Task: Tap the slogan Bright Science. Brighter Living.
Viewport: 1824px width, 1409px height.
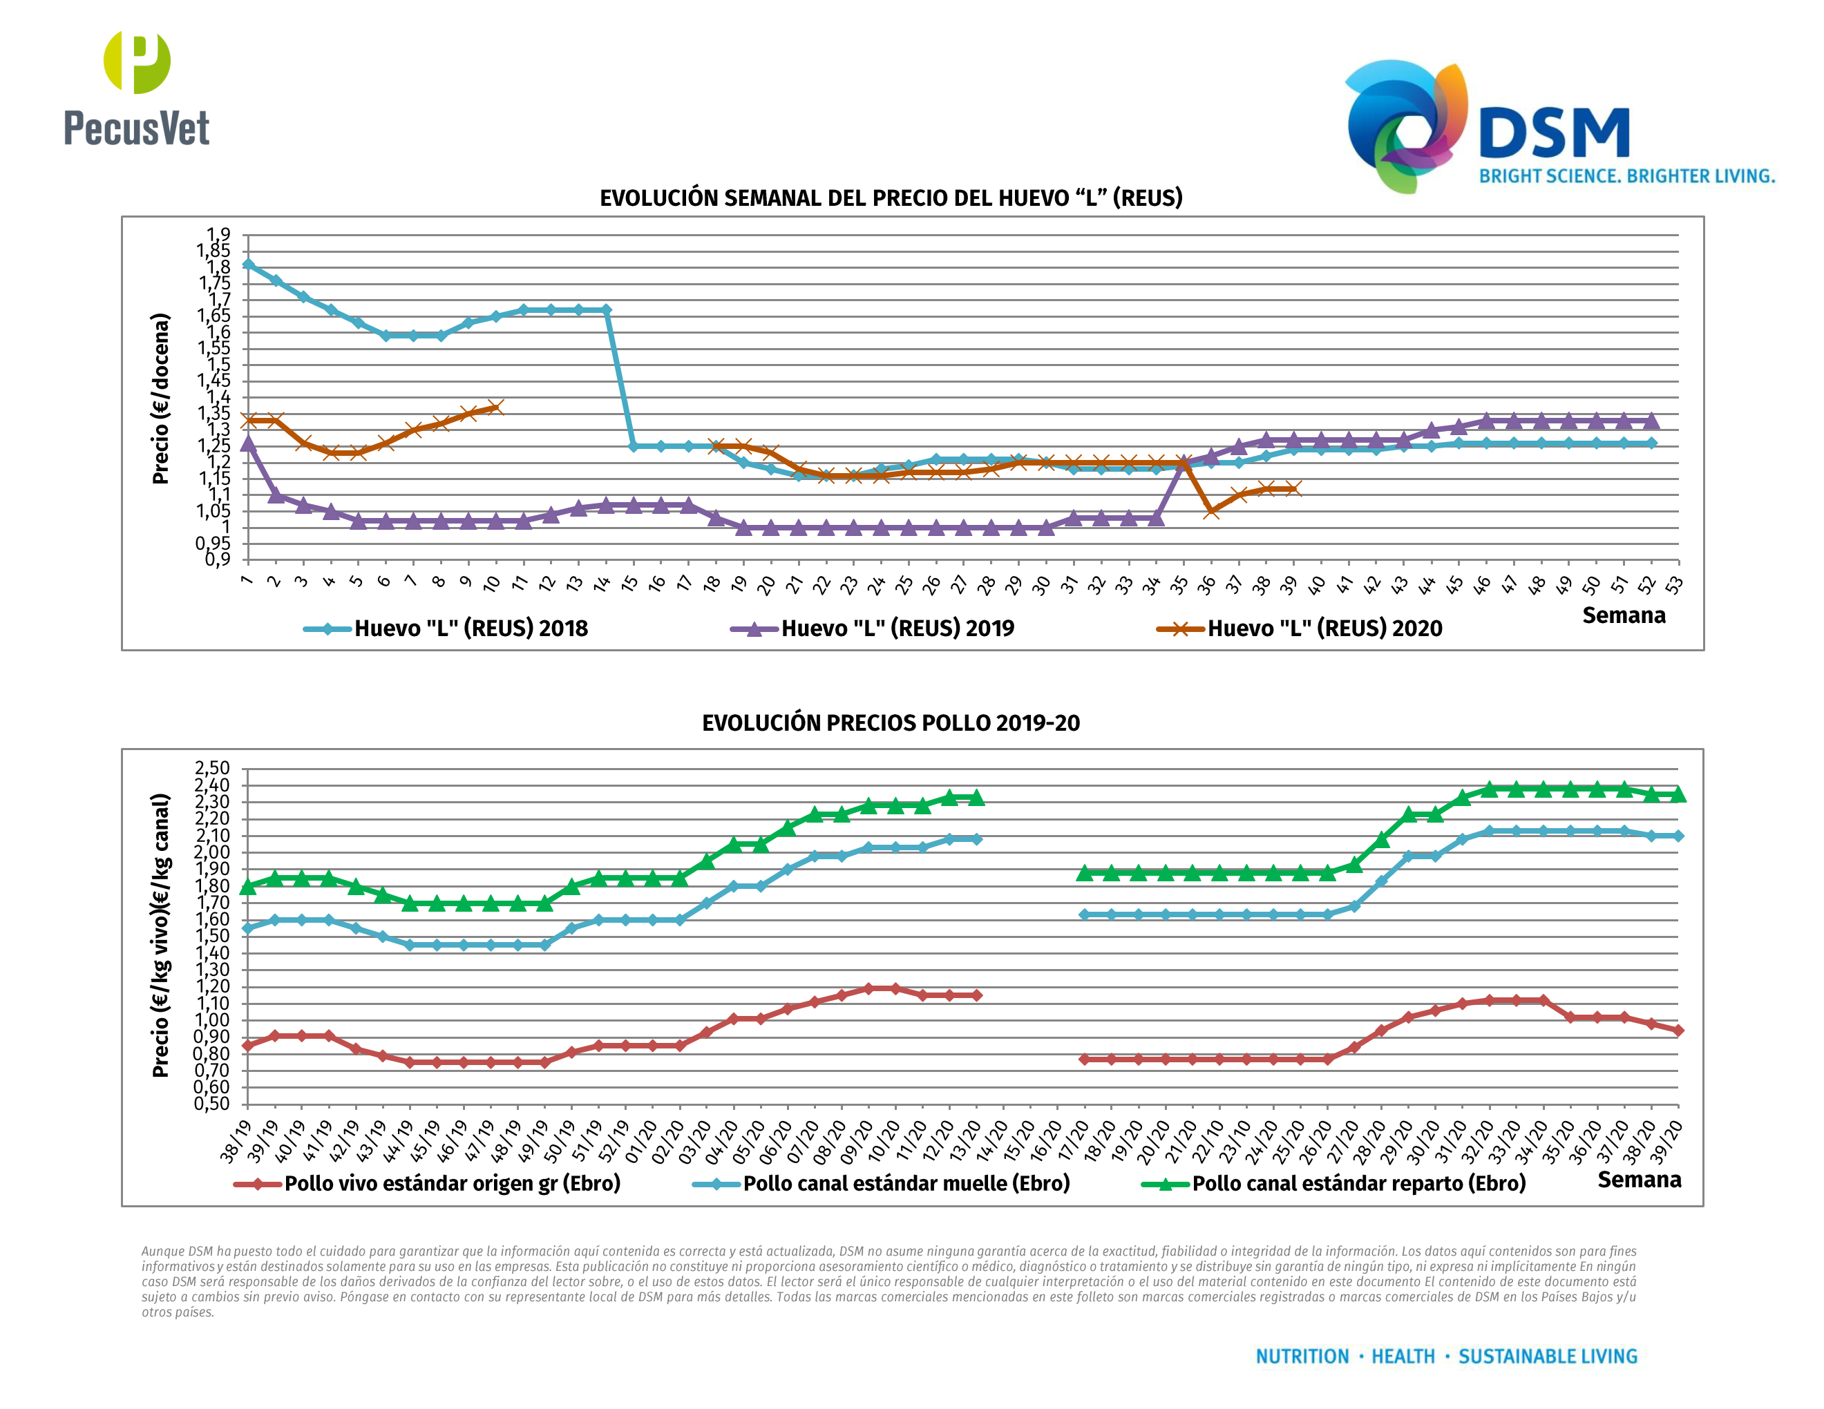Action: click(1626, 176)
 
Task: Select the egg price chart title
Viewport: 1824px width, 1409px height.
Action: click(891, 198)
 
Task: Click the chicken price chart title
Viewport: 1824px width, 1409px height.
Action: click(891, 723)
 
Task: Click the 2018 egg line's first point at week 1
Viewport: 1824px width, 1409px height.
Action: click(248, 265)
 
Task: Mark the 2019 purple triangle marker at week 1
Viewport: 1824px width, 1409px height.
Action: click(248, 443)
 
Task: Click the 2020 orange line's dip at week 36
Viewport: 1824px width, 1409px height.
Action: click(1211, 511)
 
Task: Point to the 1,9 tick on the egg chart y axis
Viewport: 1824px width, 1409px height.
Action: click(219, 235)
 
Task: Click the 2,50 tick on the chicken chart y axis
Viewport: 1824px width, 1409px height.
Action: click(212, 768)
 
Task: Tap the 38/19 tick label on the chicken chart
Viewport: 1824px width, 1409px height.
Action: click(236, 1141)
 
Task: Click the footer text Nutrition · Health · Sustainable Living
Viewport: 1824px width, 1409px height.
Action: click(1447, 1357)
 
